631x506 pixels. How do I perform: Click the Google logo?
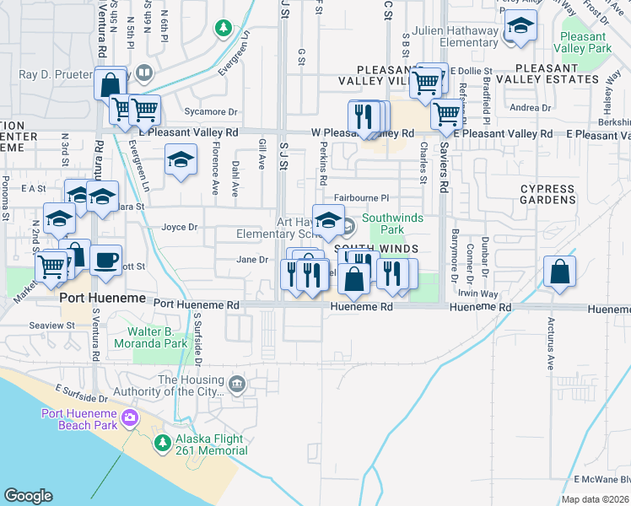pos(29,496)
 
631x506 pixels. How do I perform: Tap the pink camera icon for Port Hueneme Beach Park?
pos(130,417)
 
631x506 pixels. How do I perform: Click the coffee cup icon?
pos(105,261)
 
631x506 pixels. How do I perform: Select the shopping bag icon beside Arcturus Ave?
pos(560,272)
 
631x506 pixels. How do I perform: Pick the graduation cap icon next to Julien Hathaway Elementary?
pos(520,29)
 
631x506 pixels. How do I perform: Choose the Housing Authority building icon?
pos(237,385)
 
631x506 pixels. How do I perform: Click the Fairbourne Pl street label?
pos(359,197)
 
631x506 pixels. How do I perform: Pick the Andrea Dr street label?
pos(530,107)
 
